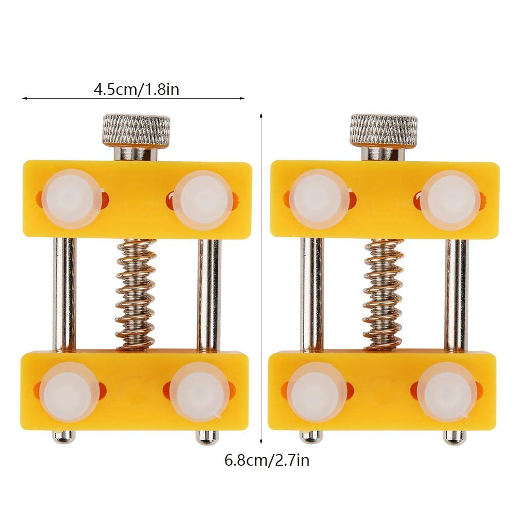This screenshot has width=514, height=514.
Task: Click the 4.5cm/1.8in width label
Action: coord(137,89)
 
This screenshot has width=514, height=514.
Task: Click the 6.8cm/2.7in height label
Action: coord(267,460)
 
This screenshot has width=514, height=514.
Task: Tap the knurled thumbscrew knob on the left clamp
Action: coord(137,129)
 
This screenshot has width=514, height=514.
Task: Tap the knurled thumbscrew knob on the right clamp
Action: coord(384,130)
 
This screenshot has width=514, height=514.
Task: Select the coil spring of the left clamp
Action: coord(137,294)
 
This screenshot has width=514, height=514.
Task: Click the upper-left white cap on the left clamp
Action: coord(71,199)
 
